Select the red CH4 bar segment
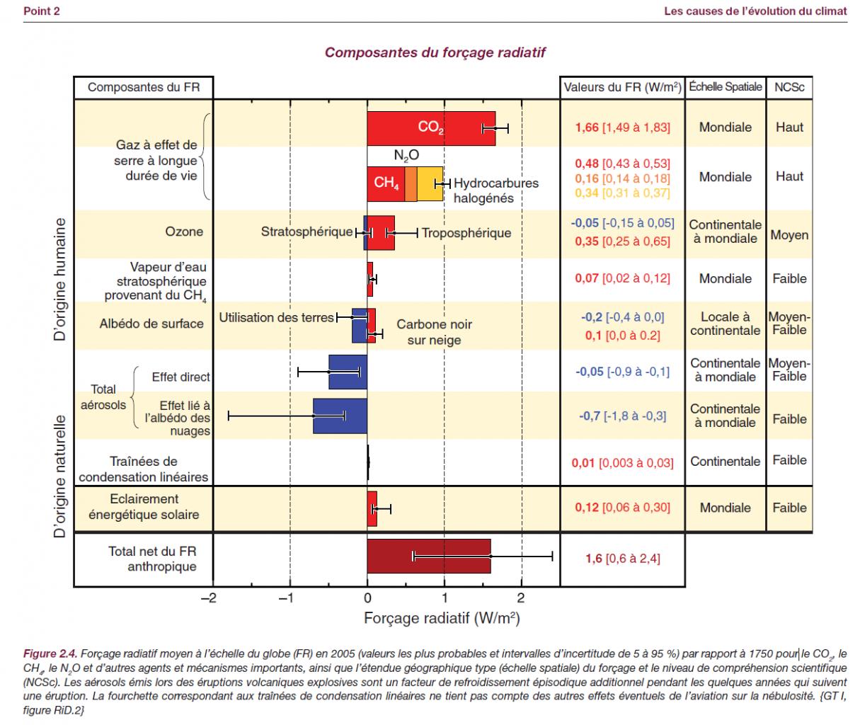tap(386, 184)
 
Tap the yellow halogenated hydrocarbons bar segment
tap(430, 184)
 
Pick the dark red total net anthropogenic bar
tap(428, 556)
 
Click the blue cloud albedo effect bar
tap(340, 416)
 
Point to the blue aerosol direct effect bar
tap(348, 371)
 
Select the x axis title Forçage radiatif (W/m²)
tap(442, 618)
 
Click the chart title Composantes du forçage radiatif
tap(435, 53)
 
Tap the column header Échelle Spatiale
tap(725, 87)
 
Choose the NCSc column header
tap(789, 88)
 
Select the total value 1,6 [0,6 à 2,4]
tap(622, 559)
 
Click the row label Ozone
tap(184, 232)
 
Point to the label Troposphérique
tap(466, 233)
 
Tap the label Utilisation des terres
tap(276, 317)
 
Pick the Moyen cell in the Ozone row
tap(789, 234)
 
